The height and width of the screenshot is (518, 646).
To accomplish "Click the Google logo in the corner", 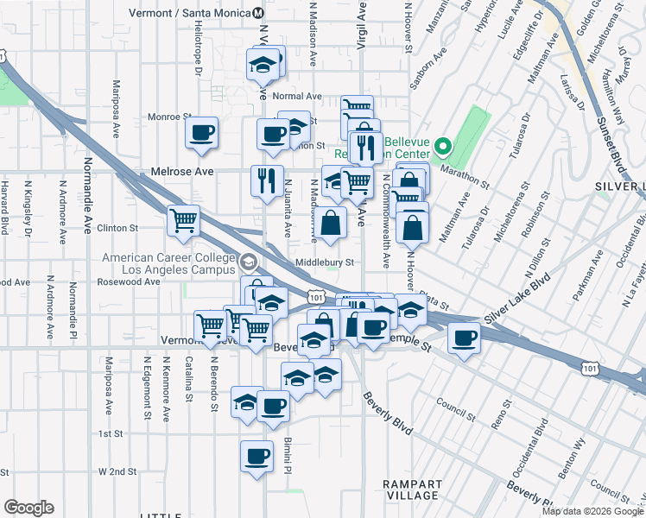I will click(x=28, y=508).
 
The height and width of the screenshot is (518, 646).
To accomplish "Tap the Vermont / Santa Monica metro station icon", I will click(x=258, y=13).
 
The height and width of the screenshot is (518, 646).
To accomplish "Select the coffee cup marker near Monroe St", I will click(x=202, y=134).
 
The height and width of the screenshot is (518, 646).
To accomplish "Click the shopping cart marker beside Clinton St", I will click(x=183, y=221).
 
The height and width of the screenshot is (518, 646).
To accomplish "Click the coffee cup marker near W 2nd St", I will click(x=256, y=457).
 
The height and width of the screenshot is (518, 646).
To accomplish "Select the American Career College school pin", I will click(x=250, y=262).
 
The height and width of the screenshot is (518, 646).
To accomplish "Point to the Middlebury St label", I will click(x=325, y=262).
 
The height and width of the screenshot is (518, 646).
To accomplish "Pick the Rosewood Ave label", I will click(x=130, y=281).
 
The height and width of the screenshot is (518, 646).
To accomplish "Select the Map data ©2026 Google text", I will click(x=593, y=511).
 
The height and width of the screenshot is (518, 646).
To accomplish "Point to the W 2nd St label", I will click(x=117, y=471).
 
